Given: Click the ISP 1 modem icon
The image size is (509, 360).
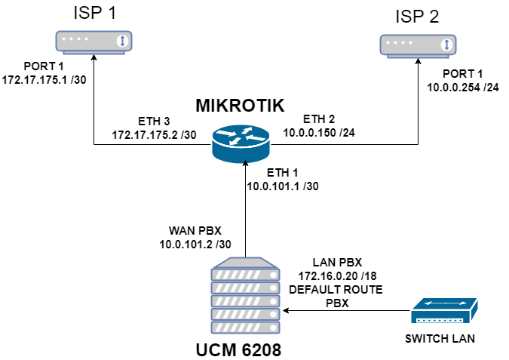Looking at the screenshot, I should [x=94, y=42].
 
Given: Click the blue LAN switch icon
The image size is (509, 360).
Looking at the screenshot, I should [x=444, y=311].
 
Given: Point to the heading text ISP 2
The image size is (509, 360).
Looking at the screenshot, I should [x=416, y=16].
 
